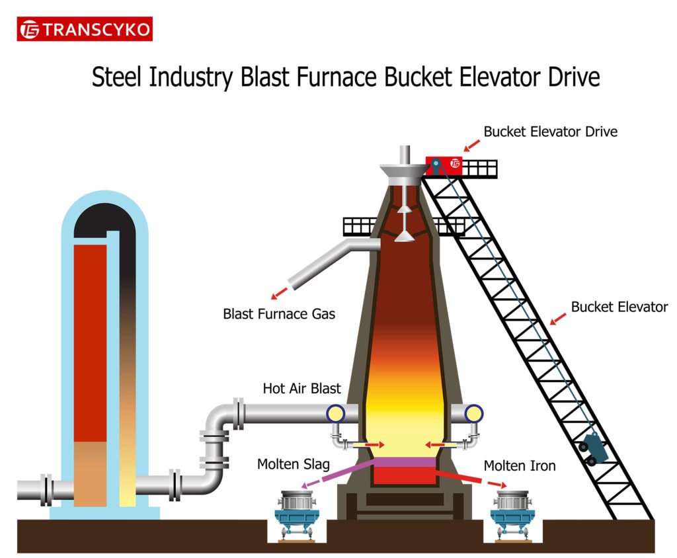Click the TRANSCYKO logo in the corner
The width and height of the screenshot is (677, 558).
coord(85,29)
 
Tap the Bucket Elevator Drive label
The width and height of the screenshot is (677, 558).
coord(550,132)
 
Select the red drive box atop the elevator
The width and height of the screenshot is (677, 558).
coord(444,165)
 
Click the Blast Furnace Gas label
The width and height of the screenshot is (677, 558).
coord(279,313)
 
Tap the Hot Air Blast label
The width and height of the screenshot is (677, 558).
coord(301,389)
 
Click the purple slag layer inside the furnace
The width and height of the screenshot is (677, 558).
coord(404,461)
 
